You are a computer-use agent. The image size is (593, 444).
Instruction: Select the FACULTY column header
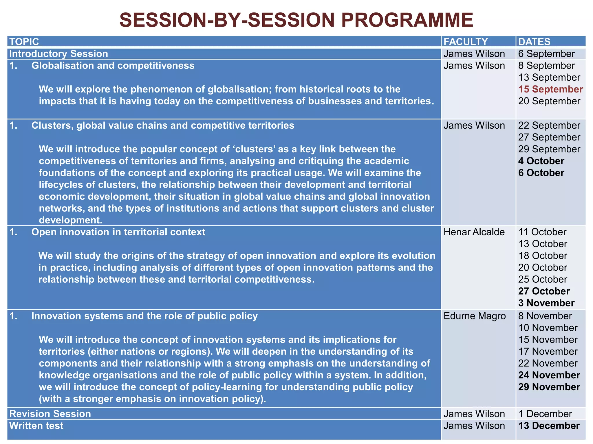pos(466,42)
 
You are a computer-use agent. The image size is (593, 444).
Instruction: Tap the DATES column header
pos(534,42)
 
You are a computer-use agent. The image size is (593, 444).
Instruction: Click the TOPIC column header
pos(24,42)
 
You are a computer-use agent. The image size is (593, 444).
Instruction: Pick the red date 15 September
pos(550,89)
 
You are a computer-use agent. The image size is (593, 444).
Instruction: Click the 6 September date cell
pos(546,54)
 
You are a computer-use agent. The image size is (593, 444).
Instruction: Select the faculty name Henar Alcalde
pos(474,232)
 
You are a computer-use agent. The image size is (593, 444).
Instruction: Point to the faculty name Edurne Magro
pos(475,316)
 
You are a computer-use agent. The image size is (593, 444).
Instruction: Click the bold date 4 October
pos(541,161)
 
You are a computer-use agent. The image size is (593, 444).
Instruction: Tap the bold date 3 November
pos(546,303)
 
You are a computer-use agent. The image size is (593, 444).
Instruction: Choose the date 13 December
pos(549,425)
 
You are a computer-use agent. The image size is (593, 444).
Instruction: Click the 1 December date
pos(545,414)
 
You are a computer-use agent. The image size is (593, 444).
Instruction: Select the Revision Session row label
pos(50,414)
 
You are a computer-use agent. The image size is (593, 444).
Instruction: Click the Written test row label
pos(36,425)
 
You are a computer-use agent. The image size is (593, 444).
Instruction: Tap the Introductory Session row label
pos(58,54)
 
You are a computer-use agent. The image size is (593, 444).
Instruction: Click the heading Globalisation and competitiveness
pos(113,66)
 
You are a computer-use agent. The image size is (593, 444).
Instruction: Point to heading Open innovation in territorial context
pos(118,232)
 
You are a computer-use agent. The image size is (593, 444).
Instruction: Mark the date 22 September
pos(549,125)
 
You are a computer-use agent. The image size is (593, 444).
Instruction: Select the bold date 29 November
pos(549,387)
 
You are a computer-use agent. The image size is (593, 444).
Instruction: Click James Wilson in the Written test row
pos(474,425)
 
